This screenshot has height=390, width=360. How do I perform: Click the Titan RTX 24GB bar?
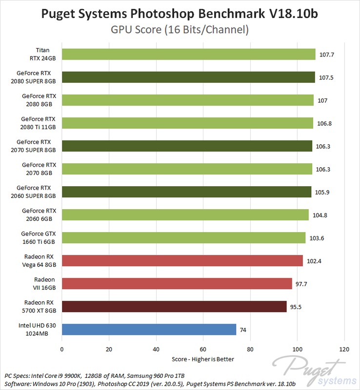coord(188,54)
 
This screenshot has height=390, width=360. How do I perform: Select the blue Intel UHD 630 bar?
coord(149,329)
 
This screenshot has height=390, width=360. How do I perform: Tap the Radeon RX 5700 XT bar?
coord(174,306)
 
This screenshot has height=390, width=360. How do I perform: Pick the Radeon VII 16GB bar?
coord(177,283)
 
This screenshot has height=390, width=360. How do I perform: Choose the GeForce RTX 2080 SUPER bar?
coord(188,77)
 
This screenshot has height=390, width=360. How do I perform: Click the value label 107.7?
coord(326,55)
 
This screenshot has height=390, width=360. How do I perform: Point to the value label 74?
coord(243,330)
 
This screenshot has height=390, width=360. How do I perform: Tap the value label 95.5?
coord(297,307)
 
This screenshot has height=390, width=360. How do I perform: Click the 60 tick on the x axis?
coord(203,349)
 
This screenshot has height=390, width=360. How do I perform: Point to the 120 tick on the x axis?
coord(344,349)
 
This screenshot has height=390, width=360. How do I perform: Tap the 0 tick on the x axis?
coord(61,349)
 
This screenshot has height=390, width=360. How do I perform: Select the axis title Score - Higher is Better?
coord(203,359)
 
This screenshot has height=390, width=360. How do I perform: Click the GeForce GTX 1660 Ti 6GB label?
coord(39,237)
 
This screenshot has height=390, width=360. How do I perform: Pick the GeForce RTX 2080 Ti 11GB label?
coord(39,123)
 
